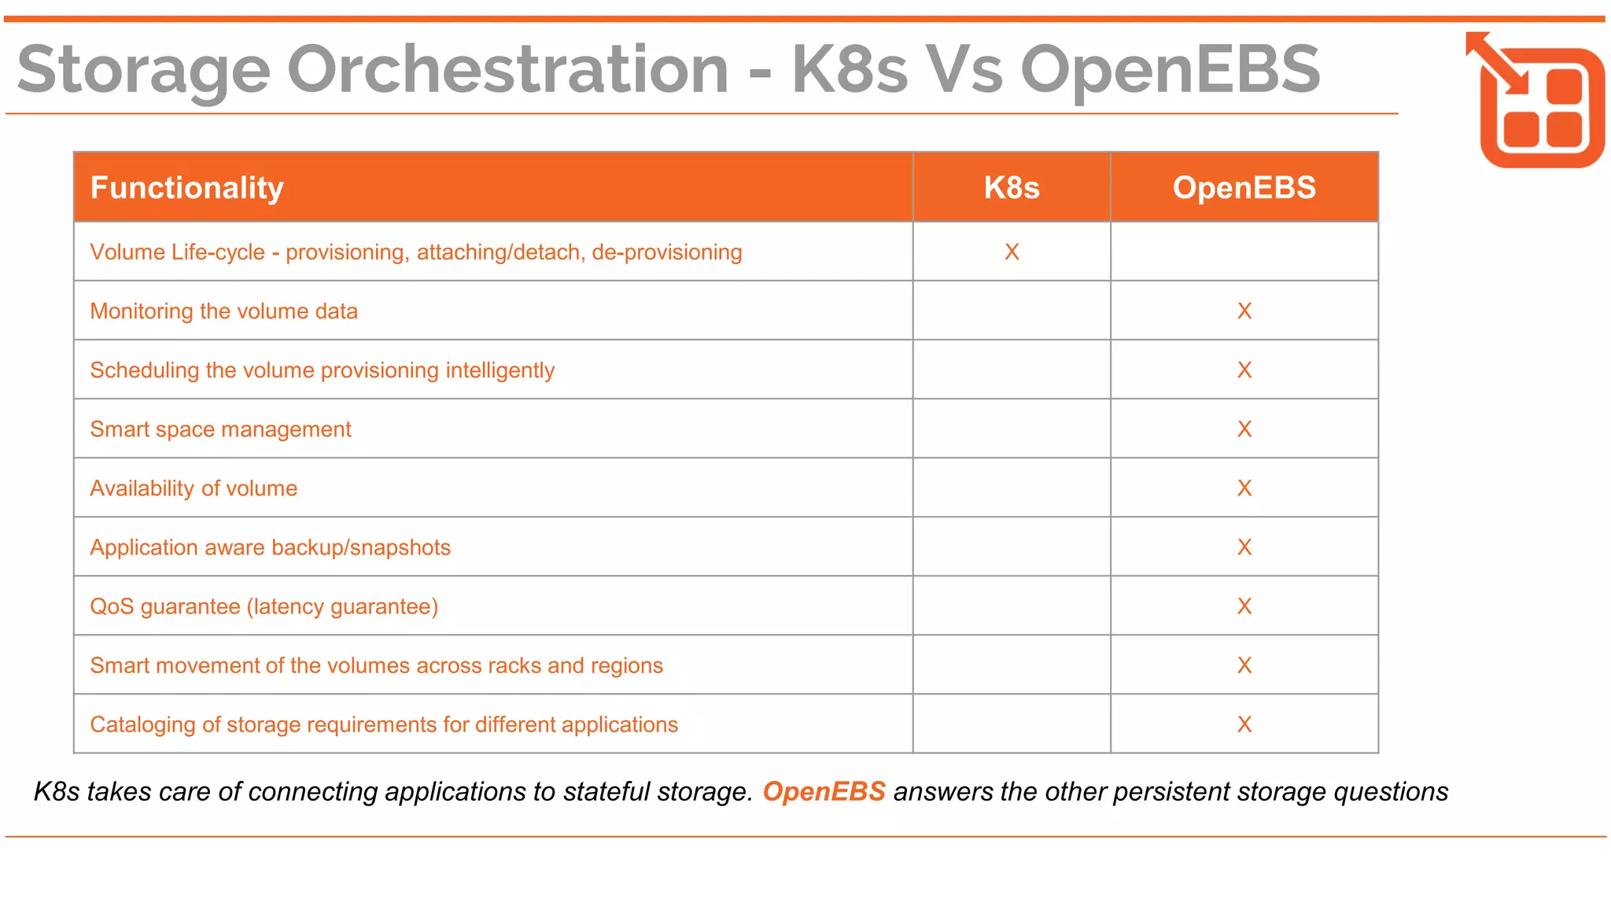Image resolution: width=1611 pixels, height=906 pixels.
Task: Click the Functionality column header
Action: coord(186,188)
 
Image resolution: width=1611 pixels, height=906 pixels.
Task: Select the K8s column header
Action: coord(1012,188)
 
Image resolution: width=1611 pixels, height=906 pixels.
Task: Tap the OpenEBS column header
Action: coord(1244,188)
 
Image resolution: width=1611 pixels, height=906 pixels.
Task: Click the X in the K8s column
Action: coord(1012,252)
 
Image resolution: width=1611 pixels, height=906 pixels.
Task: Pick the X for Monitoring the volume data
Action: coord(1244,311)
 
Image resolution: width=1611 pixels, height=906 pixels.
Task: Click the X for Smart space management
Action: coord(1244,429)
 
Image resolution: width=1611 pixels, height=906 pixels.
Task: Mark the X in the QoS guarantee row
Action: coord(1244,606)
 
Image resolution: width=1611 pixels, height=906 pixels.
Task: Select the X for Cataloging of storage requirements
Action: coord(1244,724)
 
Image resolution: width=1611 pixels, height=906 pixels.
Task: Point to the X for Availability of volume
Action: coord(1244,488)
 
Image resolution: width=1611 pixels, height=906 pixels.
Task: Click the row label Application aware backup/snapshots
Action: coord(270,547)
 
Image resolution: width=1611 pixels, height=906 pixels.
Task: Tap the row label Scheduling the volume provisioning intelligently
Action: coord(322,370)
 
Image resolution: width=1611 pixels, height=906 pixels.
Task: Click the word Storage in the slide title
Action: coord(143,71)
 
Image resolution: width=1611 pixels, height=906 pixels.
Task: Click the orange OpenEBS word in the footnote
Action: coord(824,791)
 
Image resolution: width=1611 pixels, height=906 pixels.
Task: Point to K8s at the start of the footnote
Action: coord(56,791)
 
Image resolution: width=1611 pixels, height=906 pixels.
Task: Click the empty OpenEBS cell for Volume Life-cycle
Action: coord(1244,252)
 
